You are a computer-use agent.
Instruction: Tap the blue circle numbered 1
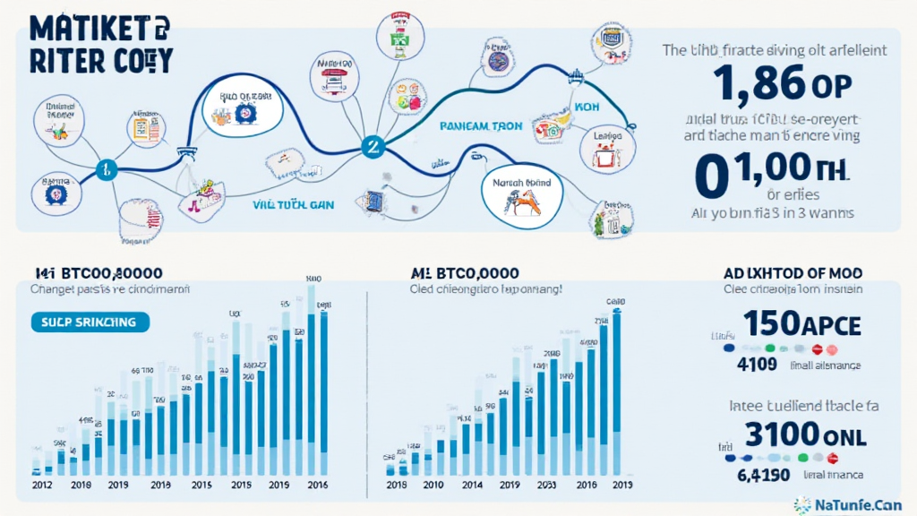click(107, 168)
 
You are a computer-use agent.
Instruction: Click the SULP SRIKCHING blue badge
click(89, 321)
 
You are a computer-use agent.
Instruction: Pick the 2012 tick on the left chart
click(42, 484)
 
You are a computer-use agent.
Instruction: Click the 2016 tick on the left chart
click(316, 484)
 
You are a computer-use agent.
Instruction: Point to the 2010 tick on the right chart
click(433, 484)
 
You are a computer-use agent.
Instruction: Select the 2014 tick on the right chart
click(472, 484)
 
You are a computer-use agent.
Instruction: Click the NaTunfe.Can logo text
click(859, 504)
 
